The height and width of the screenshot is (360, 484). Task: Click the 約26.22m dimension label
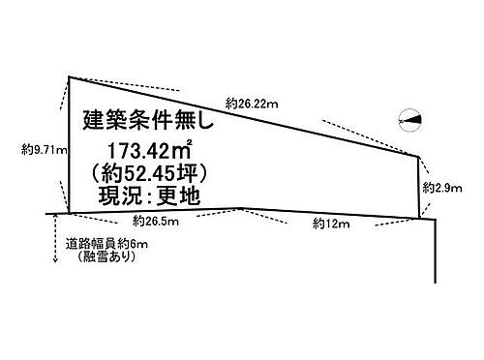point(255,101)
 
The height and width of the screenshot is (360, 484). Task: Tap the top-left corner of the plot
point(68,75)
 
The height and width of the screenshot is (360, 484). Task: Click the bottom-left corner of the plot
point(68,210)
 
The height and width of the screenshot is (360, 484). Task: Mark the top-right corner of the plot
point(418,154)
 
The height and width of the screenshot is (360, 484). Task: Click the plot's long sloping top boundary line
point(242,115)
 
